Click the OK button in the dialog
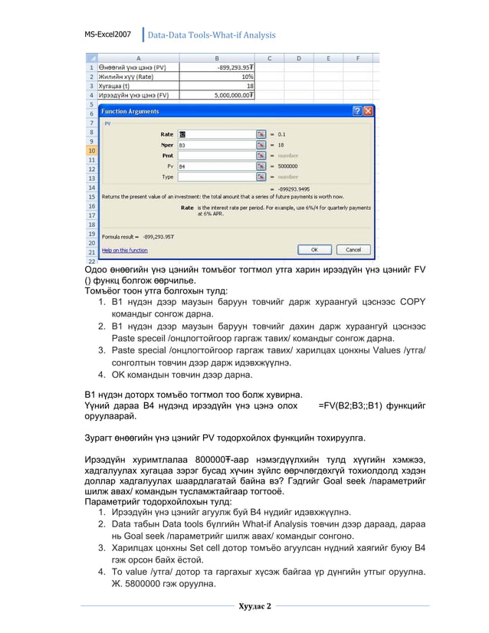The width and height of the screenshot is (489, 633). pos(315,250)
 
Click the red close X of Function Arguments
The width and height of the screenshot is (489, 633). pos(369,111)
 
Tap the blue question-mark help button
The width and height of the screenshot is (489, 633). pos(357,111)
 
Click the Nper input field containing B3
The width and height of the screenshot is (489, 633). pos(217,144)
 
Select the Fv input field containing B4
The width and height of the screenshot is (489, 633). pos(217,166)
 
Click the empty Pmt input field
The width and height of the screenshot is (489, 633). pos(217,155)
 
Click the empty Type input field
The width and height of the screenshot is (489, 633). pos(217,176)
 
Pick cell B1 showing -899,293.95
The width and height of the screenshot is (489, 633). pos(218,67)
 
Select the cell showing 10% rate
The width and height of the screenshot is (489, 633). pos(218,76)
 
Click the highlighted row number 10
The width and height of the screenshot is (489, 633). pos(91,150)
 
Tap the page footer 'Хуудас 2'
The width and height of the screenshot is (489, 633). pos(254,607)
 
